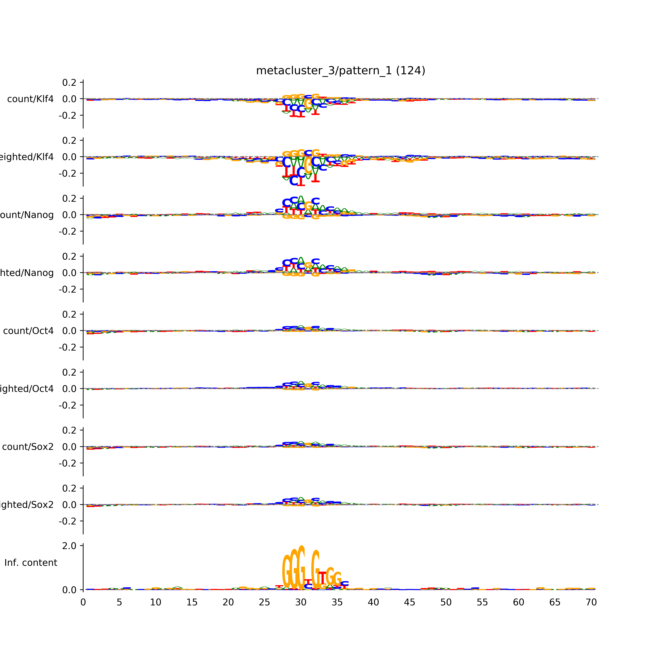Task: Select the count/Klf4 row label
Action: (30, 99)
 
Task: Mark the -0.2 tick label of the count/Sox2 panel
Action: (67, 463)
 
